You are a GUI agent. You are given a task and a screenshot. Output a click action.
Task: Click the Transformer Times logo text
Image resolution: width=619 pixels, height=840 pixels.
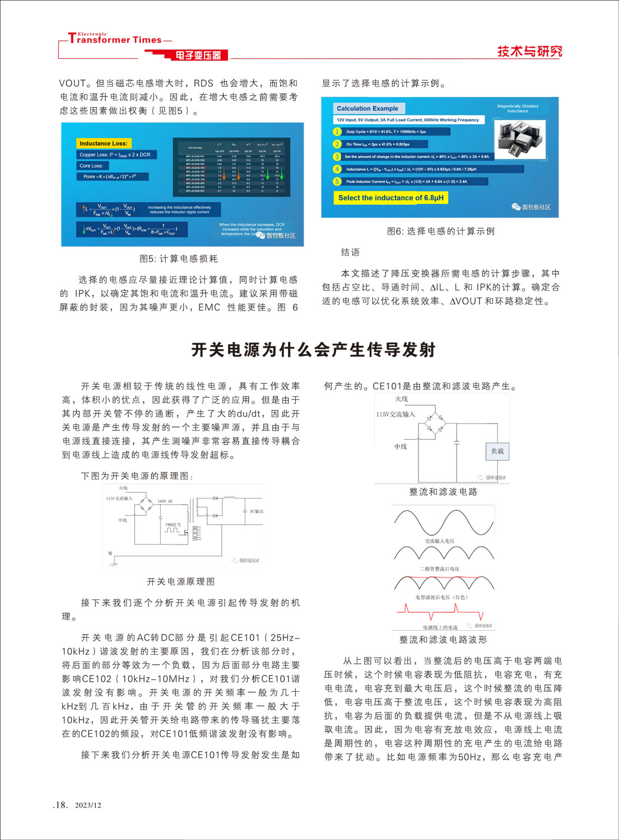pyautogui.click(x=115, y=39)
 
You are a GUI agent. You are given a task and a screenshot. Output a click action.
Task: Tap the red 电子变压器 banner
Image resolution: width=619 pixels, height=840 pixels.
pyautogui.click(x=198, y=55)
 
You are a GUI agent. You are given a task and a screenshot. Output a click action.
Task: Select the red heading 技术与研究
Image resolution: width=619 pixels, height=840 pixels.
pyautogui.click(x=529, y=51)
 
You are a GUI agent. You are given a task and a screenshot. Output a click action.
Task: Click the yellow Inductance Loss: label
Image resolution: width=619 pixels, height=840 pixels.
pyautogui.click(x=104, y=143)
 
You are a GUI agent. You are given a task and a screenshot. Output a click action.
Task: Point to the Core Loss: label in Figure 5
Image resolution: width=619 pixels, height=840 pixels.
pyautogui.click(x=91, y=166)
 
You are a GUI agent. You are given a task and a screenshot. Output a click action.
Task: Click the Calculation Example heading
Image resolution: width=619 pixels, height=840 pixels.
pyautogui.click(x=367, y=109)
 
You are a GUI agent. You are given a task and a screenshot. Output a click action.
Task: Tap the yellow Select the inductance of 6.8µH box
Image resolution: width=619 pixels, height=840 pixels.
pyautogui.click(x=391, y=198)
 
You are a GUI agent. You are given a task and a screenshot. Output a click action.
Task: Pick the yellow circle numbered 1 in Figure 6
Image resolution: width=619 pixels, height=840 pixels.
pyautogui.click(x=337, y=132)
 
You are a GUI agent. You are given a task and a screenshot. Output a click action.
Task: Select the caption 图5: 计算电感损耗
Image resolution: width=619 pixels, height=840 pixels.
pyautogui.click(x=179, y=259)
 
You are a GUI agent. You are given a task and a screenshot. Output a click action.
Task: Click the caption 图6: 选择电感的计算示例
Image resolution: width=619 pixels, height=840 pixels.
pyautogui.click(x=441, y=231)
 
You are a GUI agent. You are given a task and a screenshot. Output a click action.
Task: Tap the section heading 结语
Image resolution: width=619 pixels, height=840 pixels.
pyautogui.click(x=351, y=252)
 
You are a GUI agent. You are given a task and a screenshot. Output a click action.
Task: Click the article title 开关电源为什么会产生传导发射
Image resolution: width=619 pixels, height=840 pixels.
pyautogui.click(x=313, y=350)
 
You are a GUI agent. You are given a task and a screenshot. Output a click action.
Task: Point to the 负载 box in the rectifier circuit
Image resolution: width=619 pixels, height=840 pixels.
pyautogui.click(x=497, y=451)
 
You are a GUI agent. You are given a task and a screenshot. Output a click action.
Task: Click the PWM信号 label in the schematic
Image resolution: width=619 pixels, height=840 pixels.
pyautogui.click(x=173, y=524)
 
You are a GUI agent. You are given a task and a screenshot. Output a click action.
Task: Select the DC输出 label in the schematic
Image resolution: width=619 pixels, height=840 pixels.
pyautogui.click(x=256, y=511)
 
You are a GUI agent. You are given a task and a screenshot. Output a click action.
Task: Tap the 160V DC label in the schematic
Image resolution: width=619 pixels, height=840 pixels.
pyautogui.click(x=165, y=501)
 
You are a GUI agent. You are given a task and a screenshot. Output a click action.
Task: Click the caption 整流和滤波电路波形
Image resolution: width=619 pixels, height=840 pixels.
pyautogui.click(x=443, y=640)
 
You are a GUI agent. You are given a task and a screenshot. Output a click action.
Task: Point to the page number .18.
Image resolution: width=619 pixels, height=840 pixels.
pyautogui.click(x=60, y=805)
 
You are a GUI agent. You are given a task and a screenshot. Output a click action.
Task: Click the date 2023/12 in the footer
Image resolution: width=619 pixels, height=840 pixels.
pyautogui.click(x=88, y=805)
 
